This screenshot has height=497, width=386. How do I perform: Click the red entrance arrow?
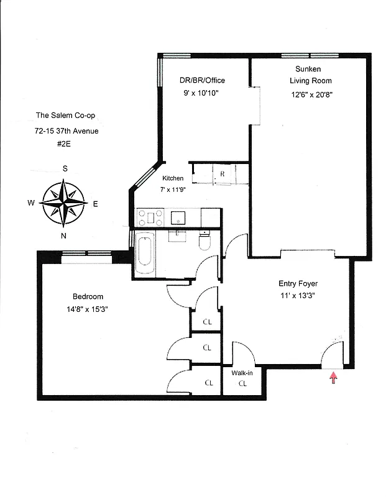point(334,377)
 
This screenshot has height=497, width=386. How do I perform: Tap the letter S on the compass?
point(65,168)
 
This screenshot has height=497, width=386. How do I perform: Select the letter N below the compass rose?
point(63,235)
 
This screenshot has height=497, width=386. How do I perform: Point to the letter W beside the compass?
point(30,203)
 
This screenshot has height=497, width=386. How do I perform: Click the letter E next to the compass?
point(95,203)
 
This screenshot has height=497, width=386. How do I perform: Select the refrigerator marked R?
point(222,175)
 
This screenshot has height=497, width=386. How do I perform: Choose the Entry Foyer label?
point(298,283)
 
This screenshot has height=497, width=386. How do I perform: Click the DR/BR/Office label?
point(202,80)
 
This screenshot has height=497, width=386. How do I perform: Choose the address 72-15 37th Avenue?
point(67,130)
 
